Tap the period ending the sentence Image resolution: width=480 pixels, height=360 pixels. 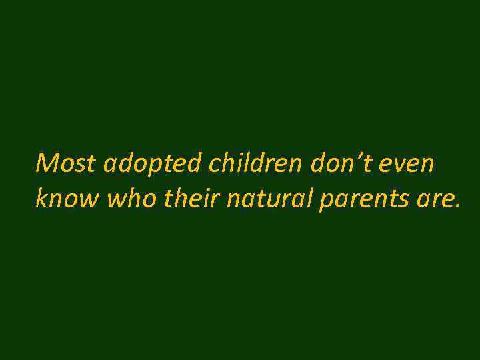pyautogui.click(x=457, y=205)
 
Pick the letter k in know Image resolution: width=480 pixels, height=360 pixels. pyautogui.click(x=41, y=198)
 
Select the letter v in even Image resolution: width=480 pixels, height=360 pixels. pyautogui.click(x=397, y=165)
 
